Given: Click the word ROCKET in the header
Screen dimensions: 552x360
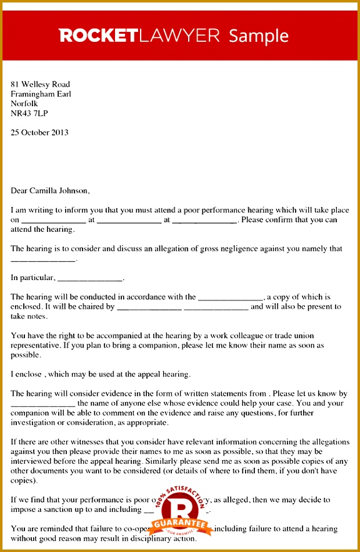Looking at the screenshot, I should coord(99,35).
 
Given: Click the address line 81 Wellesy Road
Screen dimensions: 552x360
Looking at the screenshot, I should coord(40,84).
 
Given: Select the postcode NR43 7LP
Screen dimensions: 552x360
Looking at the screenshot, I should coord(29,114).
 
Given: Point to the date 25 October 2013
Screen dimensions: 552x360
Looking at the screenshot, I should coord(39,133).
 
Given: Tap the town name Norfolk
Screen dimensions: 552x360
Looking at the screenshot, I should coord(24,104).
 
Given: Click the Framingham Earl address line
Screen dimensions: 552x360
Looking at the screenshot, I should coord(41,94).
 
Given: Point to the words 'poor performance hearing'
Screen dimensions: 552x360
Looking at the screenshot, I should coord(232,211).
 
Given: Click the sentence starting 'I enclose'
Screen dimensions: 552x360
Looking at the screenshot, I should coord(100,374).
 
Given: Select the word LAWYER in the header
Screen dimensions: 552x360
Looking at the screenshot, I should coord(179,35).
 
